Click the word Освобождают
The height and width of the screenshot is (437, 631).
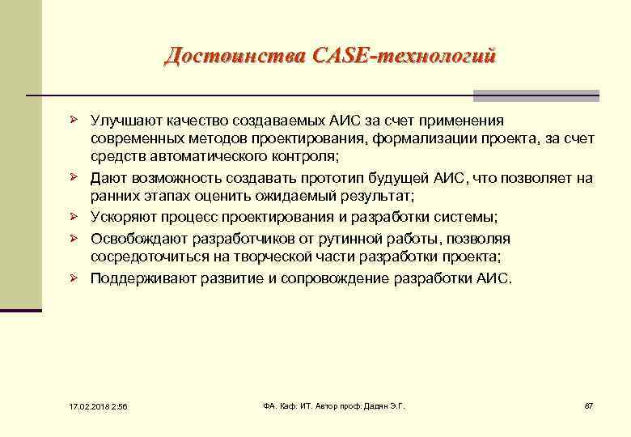pos(136,239)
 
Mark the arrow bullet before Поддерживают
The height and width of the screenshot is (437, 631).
pos(73,277)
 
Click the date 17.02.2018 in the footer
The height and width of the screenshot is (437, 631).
pos(78,405)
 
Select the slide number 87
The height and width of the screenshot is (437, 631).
pos(588,405)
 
